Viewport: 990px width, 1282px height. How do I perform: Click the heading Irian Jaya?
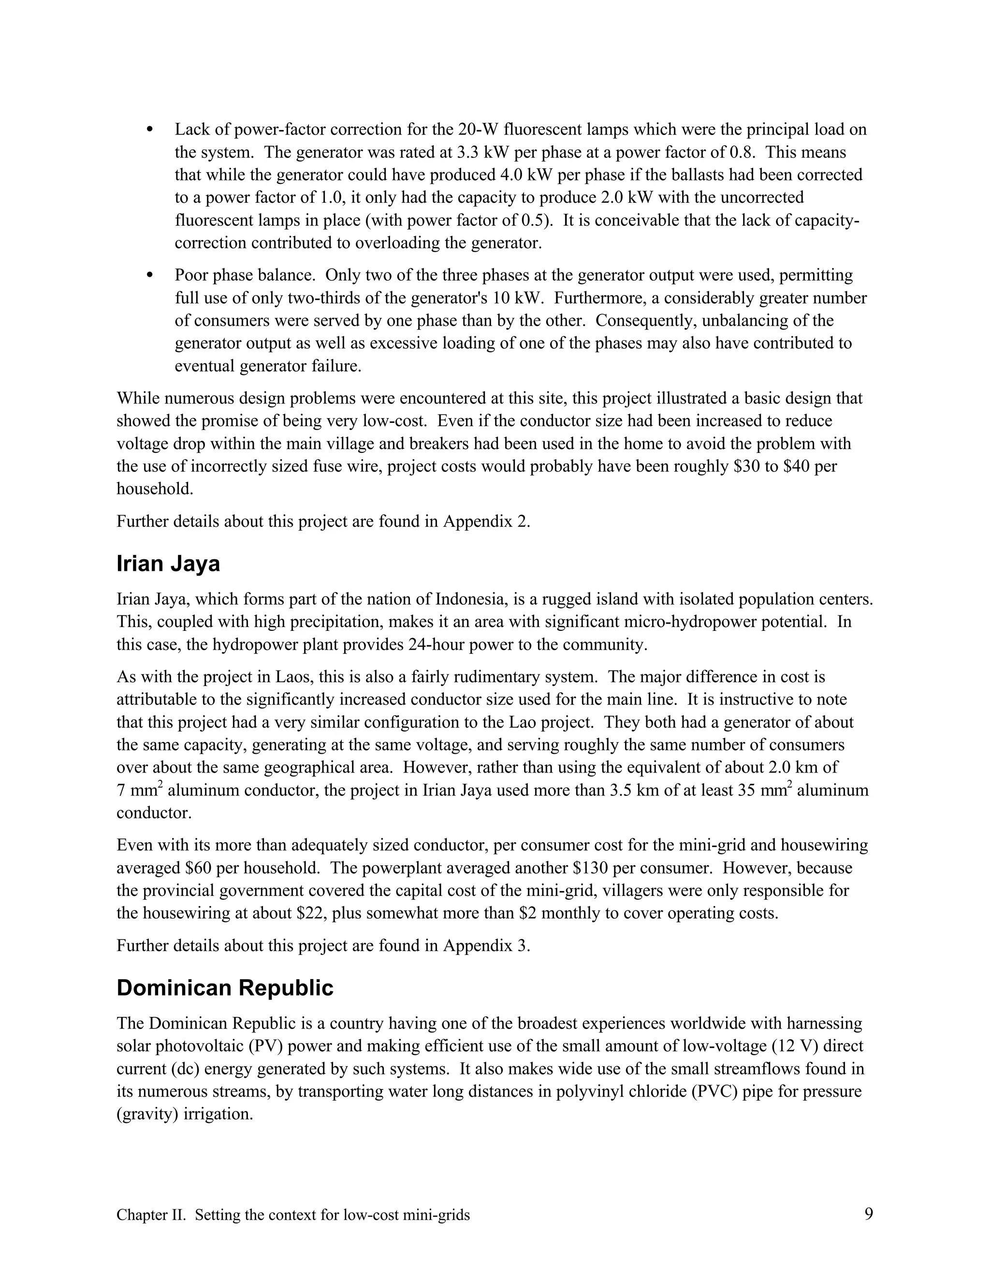[x=168, y=564]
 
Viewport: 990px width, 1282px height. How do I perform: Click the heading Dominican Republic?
[x=225, y=988]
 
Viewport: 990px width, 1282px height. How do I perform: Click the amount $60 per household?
[x=198, y=867]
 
